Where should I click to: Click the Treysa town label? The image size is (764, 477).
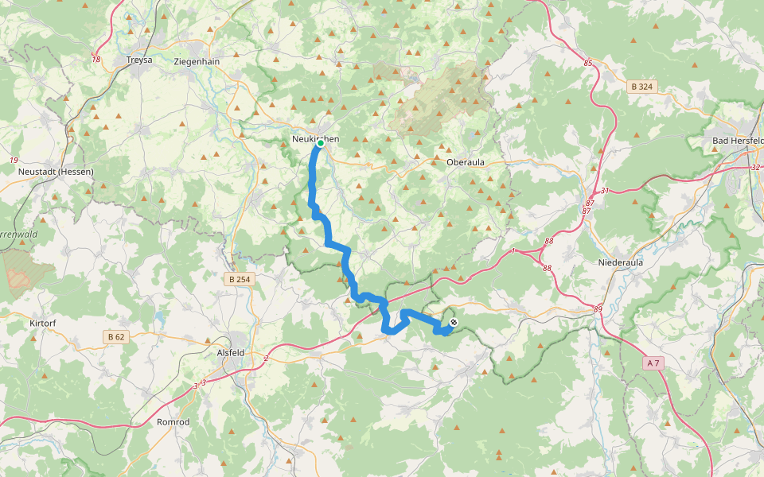(x=139, y=60)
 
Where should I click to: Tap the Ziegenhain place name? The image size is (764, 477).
(x=196, y=60)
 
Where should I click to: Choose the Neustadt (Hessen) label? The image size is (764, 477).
(x=57, y=172)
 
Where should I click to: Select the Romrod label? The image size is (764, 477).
(x=173, y=422)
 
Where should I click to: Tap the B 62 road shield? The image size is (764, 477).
(x=115, y=337)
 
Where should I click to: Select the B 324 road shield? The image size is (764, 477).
(x=641, y=87)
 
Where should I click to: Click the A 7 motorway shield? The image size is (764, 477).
(x=653, y=363)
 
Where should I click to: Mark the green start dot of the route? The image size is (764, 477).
(x=320, y=144)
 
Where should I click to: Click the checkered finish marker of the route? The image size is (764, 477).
(x=453, y=323)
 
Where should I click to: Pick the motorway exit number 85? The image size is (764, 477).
(x=588, y=63)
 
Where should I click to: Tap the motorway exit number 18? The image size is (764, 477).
(x=96, y=59)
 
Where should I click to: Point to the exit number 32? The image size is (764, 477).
(x=755, y=168)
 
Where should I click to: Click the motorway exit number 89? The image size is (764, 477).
(x=598, y=309)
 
